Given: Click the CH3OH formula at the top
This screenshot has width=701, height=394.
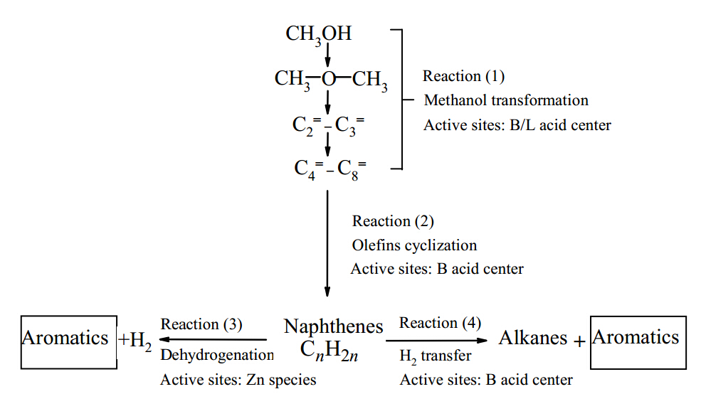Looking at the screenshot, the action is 318,35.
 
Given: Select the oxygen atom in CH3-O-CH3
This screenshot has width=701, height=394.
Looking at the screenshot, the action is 328,79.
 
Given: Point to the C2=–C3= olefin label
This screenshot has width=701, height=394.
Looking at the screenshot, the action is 328,126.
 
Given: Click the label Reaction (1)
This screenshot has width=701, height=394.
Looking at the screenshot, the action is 463,76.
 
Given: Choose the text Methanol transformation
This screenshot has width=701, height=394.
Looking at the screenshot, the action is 506,100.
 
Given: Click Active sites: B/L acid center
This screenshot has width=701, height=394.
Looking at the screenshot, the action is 517,125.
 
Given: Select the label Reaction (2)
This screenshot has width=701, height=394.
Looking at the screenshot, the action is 393,222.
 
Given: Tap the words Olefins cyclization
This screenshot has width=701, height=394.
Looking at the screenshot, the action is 414,245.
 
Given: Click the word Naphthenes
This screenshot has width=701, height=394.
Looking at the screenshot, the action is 334,326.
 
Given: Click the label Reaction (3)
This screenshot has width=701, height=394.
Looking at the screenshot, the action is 201,324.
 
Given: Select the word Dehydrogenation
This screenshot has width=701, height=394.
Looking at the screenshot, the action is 217,355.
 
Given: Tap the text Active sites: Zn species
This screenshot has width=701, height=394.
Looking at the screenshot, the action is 238,380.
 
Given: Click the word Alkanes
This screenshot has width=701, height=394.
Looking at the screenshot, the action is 533,338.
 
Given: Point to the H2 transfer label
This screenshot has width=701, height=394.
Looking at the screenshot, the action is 436,356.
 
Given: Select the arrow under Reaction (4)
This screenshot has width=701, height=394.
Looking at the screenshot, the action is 436,341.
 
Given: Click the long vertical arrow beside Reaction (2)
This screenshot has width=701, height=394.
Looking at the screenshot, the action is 327,243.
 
